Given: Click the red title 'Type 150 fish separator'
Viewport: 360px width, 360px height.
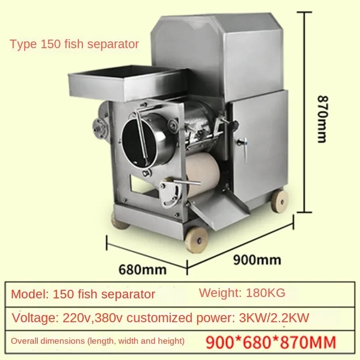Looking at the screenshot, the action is [x=74, y=45].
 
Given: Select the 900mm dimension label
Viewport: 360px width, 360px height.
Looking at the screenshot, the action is [x=258, y=260].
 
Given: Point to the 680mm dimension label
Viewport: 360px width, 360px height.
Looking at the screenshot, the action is [x=142, y=269].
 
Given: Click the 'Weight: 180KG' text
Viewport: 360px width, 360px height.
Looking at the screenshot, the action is [x=242, y=293].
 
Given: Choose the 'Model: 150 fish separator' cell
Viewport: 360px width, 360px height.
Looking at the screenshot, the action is [x=83, y=295].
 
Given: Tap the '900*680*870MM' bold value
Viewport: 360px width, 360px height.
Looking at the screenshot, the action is [x=271, y=342].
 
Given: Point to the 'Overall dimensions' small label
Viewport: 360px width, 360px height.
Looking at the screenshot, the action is [x=97, y=341].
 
